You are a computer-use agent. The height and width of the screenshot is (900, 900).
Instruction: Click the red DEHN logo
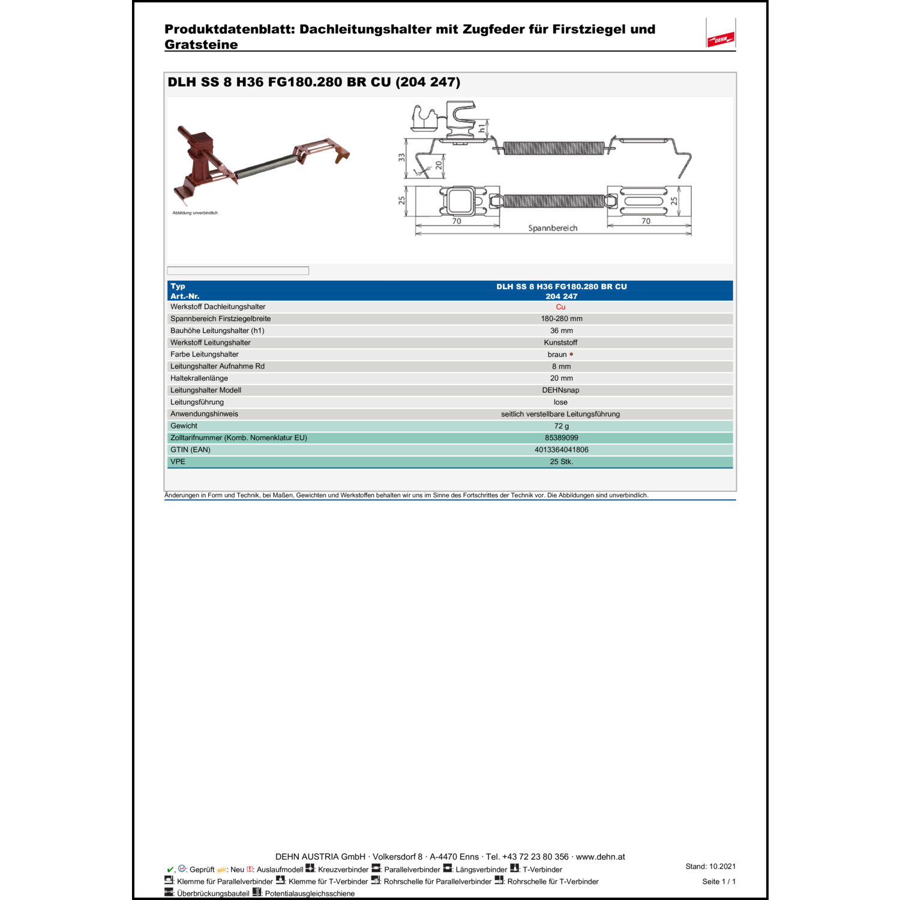point(721,40)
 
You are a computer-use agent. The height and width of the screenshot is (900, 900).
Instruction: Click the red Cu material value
point(560,307)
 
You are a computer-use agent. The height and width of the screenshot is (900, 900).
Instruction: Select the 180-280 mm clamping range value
point(562,319)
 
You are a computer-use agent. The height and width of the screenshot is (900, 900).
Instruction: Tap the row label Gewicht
point(184,426)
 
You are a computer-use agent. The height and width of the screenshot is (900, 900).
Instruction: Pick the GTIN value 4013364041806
point(562,450)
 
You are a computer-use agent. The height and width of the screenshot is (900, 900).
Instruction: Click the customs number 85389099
point(562,438)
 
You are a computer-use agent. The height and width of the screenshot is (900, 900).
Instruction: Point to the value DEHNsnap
point(560,391)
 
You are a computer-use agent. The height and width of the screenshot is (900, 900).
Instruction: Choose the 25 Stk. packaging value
point(562,462)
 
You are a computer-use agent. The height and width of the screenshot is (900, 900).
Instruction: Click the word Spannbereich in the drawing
point(553,229)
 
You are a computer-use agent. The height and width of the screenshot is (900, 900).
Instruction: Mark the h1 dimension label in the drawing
point(481,128)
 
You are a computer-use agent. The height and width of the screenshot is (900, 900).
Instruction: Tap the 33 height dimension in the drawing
point(401,157)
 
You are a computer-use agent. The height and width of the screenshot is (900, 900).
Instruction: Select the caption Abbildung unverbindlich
point(195,213)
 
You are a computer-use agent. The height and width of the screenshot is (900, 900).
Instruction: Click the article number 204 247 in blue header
point(562,296)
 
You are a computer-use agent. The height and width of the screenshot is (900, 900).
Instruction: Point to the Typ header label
point(178,287)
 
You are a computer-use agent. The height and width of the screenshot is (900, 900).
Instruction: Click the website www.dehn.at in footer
point(600,857)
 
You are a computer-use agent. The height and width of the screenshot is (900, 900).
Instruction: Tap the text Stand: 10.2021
point(710,866)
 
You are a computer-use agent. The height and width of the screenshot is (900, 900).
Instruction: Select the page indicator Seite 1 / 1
point(719,881)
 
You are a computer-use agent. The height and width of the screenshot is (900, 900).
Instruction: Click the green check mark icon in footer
point(170,869)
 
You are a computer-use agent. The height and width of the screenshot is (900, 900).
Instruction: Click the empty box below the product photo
point(238,271)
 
